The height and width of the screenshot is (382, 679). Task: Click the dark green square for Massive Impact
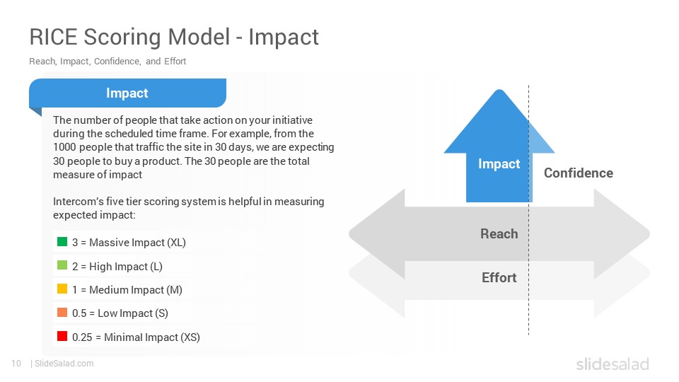(62, 241)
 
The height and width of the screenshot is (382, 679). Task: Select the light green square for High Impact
(62, 265)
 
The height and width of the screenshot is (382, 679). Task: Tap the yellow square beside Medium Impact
(62, 289)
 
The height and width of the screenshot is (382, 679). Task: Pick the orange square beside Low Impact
(62, 312)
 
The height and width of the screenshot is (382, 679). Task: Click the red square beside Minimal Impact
(62, 335)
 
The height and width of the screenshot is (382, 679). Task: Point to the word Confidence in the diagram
(579, 173)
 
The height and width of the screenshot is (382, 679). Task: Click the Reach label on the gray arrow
(499, 234)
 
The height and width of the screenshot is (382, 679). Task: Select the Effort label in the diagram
(499, 277)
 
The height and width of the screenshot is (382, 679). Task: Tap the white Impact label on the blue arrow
(499, 163)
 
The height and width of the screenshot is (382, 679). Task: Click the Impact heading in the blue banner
(127, 93)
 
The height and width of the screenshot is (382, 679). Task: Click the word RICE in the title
(54, 37)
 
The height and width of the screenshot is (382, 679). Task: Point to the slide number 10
(16, 364)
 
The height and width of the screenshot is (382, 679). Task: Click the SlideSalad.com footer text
(64, 364)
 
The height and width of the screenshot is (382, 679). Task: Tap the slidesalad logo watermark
(613, 364)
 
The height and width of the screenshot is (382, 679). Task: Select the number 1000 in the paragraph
(64, 147)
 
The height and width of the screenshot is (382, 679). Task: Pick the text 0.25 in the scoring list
(82, 337)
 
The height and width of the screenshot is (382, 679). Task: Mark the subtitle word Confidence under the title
(117, 62)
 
